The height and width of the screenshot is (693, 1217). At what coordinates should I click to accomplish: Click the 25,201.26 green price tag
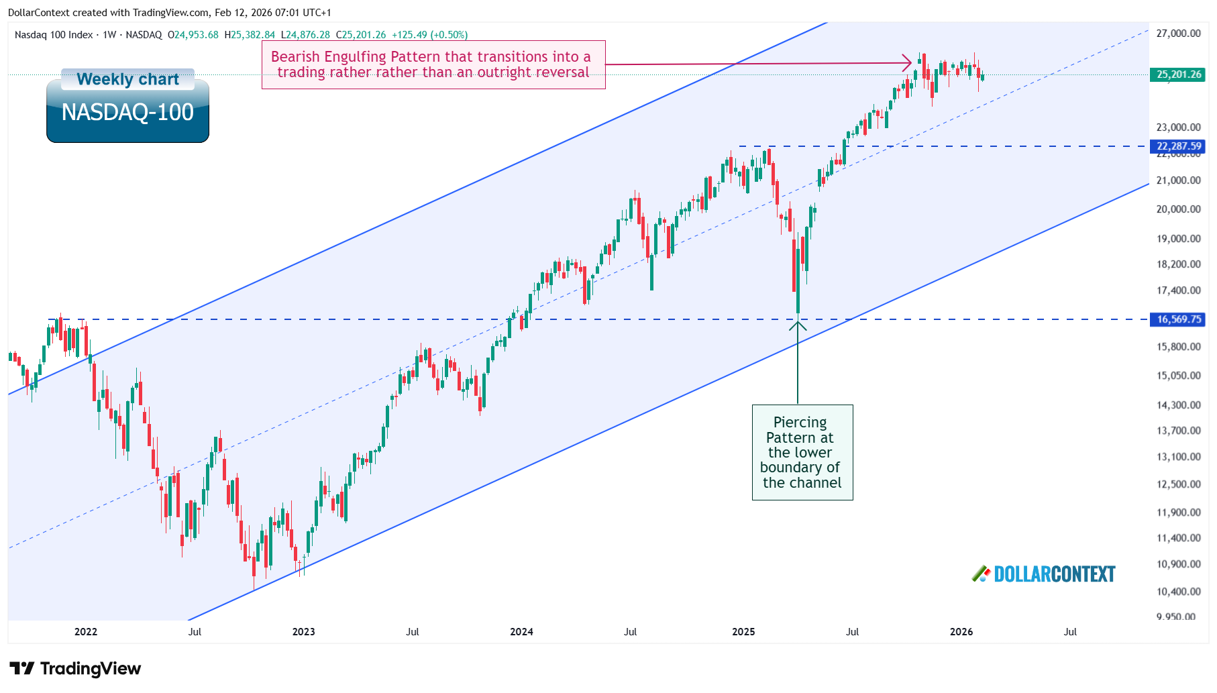[x=1178, y=74]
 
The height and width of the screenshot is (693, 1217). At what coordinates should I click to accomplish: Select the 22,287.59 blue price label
[x=1178, y=146]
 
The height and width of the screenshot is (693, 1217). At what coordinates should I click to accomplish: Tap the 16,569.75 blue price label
[x=1178, y=319]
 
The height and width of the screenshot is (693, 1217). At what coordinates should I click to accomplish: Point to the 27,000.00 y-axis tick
[x=1178, y=34]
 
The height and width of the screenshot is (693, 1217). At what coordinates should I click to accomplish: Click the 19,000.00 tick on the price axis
[x=1178, y=239]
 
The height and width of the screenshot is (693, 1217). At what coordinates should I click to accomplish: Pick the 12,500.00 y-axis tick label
[x=1178, y=484]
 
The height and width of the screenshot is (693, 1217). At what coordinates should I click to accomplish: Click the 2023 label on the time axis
[x=303, y=632]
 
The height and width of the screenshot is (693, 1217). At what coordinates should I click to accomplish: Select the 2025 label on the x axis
[x=743, y=632]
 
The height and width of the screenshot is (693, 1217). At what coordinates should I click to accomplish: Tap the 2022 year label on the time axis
[x=85, y=632]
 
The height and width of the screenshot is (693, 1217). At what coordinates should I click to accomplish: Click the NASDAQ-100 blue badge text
[x=127, y=112]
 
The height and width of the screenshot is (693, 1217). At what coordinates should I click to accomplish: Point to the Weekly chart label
[x=127, y=79]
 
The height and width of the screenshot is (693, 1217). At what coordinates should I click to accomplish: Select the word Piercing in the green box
[x=800, y=423]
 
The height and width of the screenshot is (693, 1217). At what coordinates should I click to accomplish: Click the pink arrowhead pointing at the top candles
[x=908, y=64]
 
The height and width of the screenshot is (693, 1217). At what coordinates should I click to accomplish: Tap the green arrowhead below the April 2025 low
[x=798, y=325]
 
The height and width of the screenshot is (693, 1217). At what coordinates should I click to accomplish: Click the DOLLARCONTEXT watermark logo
[x=1044, y=574]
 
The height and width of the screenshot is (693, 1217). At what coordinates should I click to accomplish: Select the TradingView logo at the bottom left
[x=75, y=669]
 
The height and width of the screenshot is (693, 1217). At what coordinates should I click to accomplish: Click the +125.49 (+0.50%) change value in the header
[x=429, y=35]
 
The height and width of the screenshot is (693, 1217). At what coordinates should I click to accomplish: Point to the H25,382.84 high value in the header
[x=250, y=35]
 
